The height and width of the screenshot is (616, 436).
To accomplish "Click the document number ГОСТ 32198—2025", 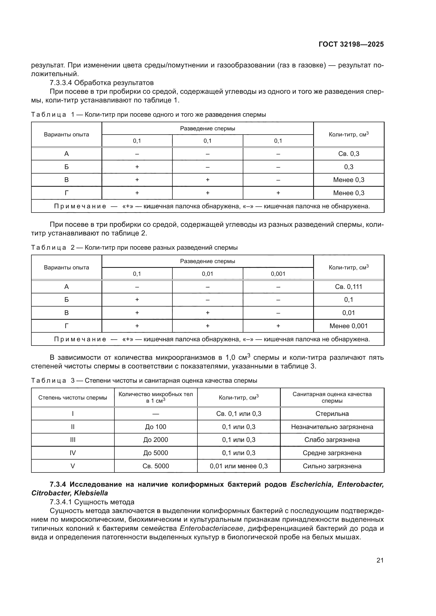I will click(x=351, y=44).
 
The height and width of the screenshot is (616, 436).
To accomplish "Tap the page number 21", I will click(x=380, y=560).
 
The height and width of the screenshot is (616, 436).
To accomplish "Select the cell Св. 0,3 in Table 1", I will click(x=348, y=154).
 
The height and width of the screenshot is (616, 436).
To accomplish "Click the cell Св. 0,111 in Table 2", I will click(x=348, y=287).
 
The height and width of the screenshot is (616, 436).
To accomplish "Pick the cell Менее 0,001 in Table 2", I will click(x=348, y=326).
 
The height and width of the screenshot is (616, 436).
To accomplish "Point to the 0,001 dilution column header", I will click(x=278, y=274).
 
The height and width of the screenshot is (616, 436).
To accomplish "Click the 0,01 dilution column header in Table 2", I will click(x=207, y=274).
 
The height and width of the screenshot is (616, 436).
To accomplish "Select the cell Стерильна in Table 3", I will click(x=332, y=414).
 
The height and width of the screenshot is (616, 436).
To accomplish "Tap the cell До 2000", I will click(x=156, y=440).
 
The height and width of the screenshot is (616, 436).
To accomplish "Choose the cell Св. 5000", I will click(x=156, y=466).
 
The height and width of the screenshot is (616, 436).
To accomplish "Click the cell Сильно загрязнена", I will click(x=332, y=466).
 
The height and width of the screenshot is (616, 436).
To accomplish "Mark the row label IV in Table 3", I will click(x=72, y=453).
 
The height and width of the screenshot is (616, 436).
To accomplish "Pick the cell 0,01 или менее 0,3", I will click(x=238, y=466).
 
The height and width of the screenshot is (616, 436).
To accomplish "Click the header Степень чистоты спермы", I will click(x=72, y=398).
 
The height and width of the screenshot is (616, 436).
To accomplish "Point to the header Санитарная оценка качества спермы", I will click(x=332, y=397).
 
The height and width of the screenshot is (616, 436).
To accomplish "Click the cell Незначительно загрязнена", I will click(x=332, y=427).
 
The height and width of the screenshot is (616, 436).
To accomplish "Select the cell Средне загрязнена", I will click(x=332, y=453).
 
